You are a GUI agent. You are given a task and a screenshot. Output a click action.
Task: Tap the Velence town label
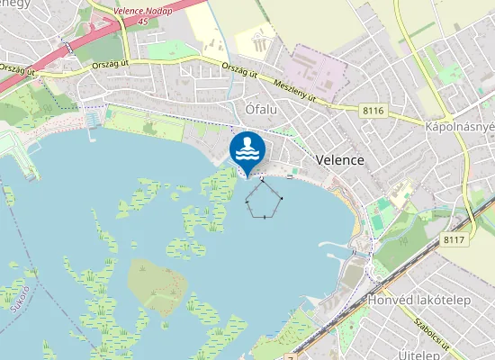(340, 159)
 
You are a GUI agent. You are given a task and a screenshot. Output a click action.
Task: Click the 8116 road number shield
(373, 110)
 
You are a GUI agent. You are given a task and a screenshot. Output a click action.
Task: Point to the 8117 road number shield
(454, 240)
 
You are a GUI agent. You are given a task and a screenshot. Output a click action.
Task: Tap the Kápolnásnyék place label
(459, 128)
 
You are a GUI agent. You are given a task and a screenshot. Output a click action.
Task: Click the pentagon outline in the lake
(265, 198)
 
